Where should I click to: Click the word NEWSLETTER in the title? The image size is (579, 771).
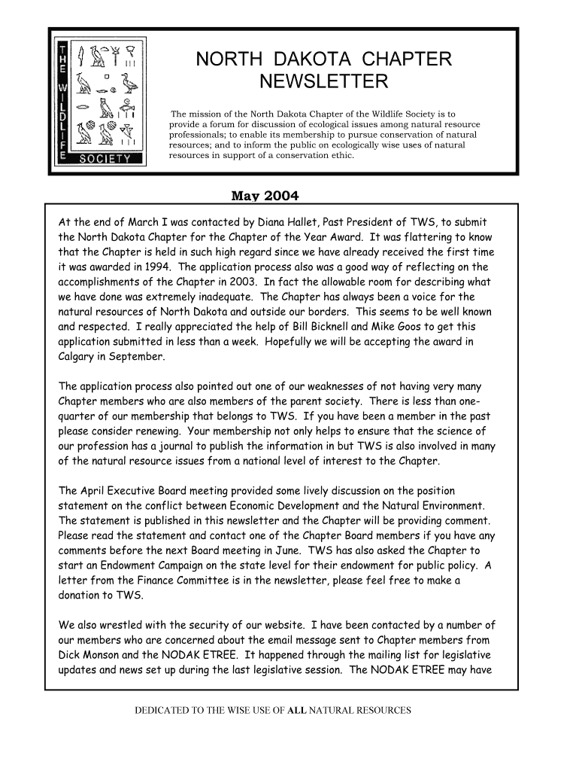click(x=324, y=81)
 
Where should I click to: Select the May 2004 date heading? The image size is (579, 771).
click(x=264, y=197)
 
